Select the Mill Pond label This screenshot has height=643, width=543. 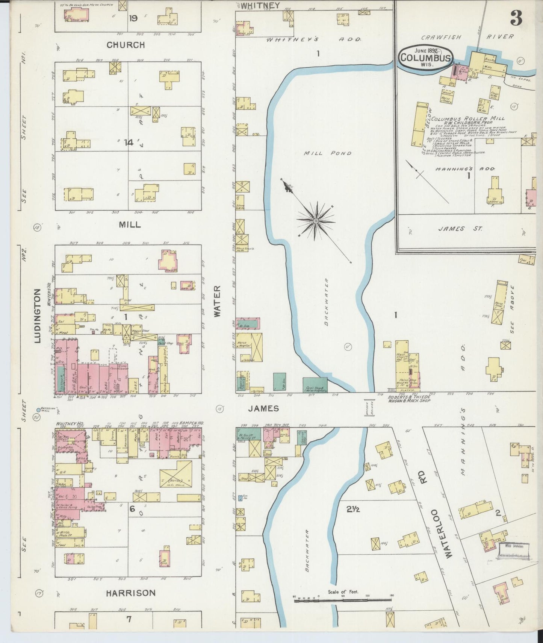(328, 153)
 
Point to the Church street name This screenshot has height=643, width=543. (126, 45)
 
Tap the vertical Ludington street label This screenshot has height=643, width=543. (37, 316)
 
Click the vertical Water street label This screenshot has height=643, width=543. (218, 302)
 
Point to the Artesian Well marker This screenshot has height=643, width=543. (38, 410)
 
